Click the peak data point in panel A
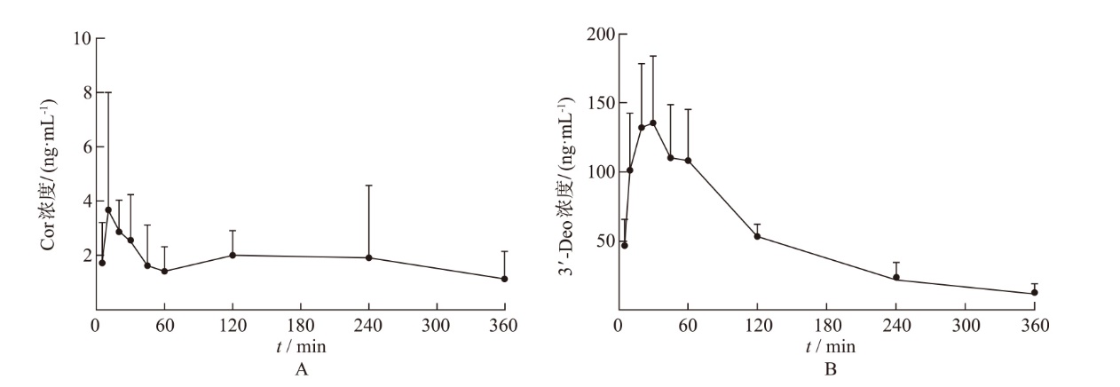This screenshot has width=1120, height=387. pyautogui.click(x=108, y=209)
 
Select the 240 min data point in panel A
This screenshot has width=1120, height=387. pyautogui.click(x=368, y=257)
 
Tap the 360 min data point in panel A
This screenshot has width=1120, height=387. pyautogui.click(x=504, y=279)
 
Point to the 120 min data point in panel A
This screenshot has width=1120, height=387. pyautogui.click(x=233, y=255)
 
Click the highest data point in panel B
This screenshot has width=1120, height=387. pyautogui.click(x=652, y=122)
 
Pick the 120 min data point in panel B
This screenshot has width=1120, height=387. pyautogui.click(x=757, y=236)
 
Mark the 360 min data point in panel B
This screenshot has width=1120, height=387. pyautogui.click(x=1034, y=292)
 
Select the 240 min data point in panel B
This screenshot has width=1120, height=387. pyautogui.click(x=896, y=277)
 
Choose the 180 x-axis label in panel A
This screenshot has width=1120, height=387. pyautogui.click(x=301, y=325)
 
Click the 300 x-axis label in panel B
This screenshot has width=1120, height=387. pyautogui.click(x=965, y=325)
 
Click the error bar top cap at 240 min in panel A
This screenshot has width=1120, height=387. pyautogui.click(x=368, y=186)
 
